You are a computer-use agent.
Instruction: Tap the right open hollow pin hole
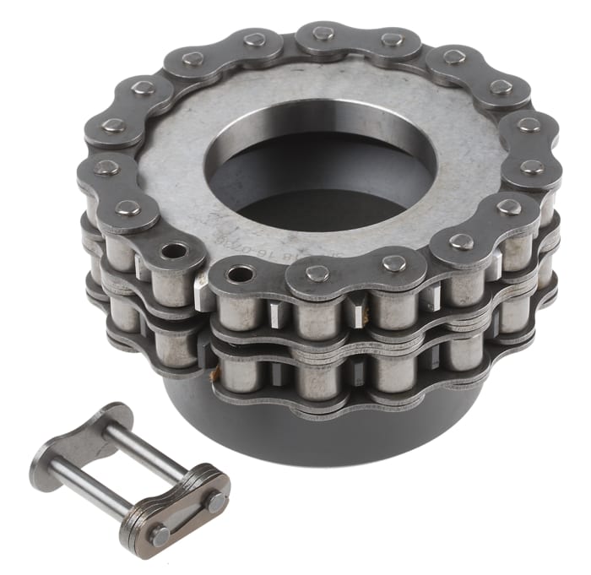(241, 274)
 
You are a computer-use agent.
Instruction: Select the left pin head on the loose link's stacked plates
(159, 534)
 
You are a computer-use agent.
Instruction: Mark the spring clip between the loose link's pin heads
(187, 516)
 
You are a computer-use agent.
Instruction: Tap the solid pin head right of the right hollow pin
(317, 273)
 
